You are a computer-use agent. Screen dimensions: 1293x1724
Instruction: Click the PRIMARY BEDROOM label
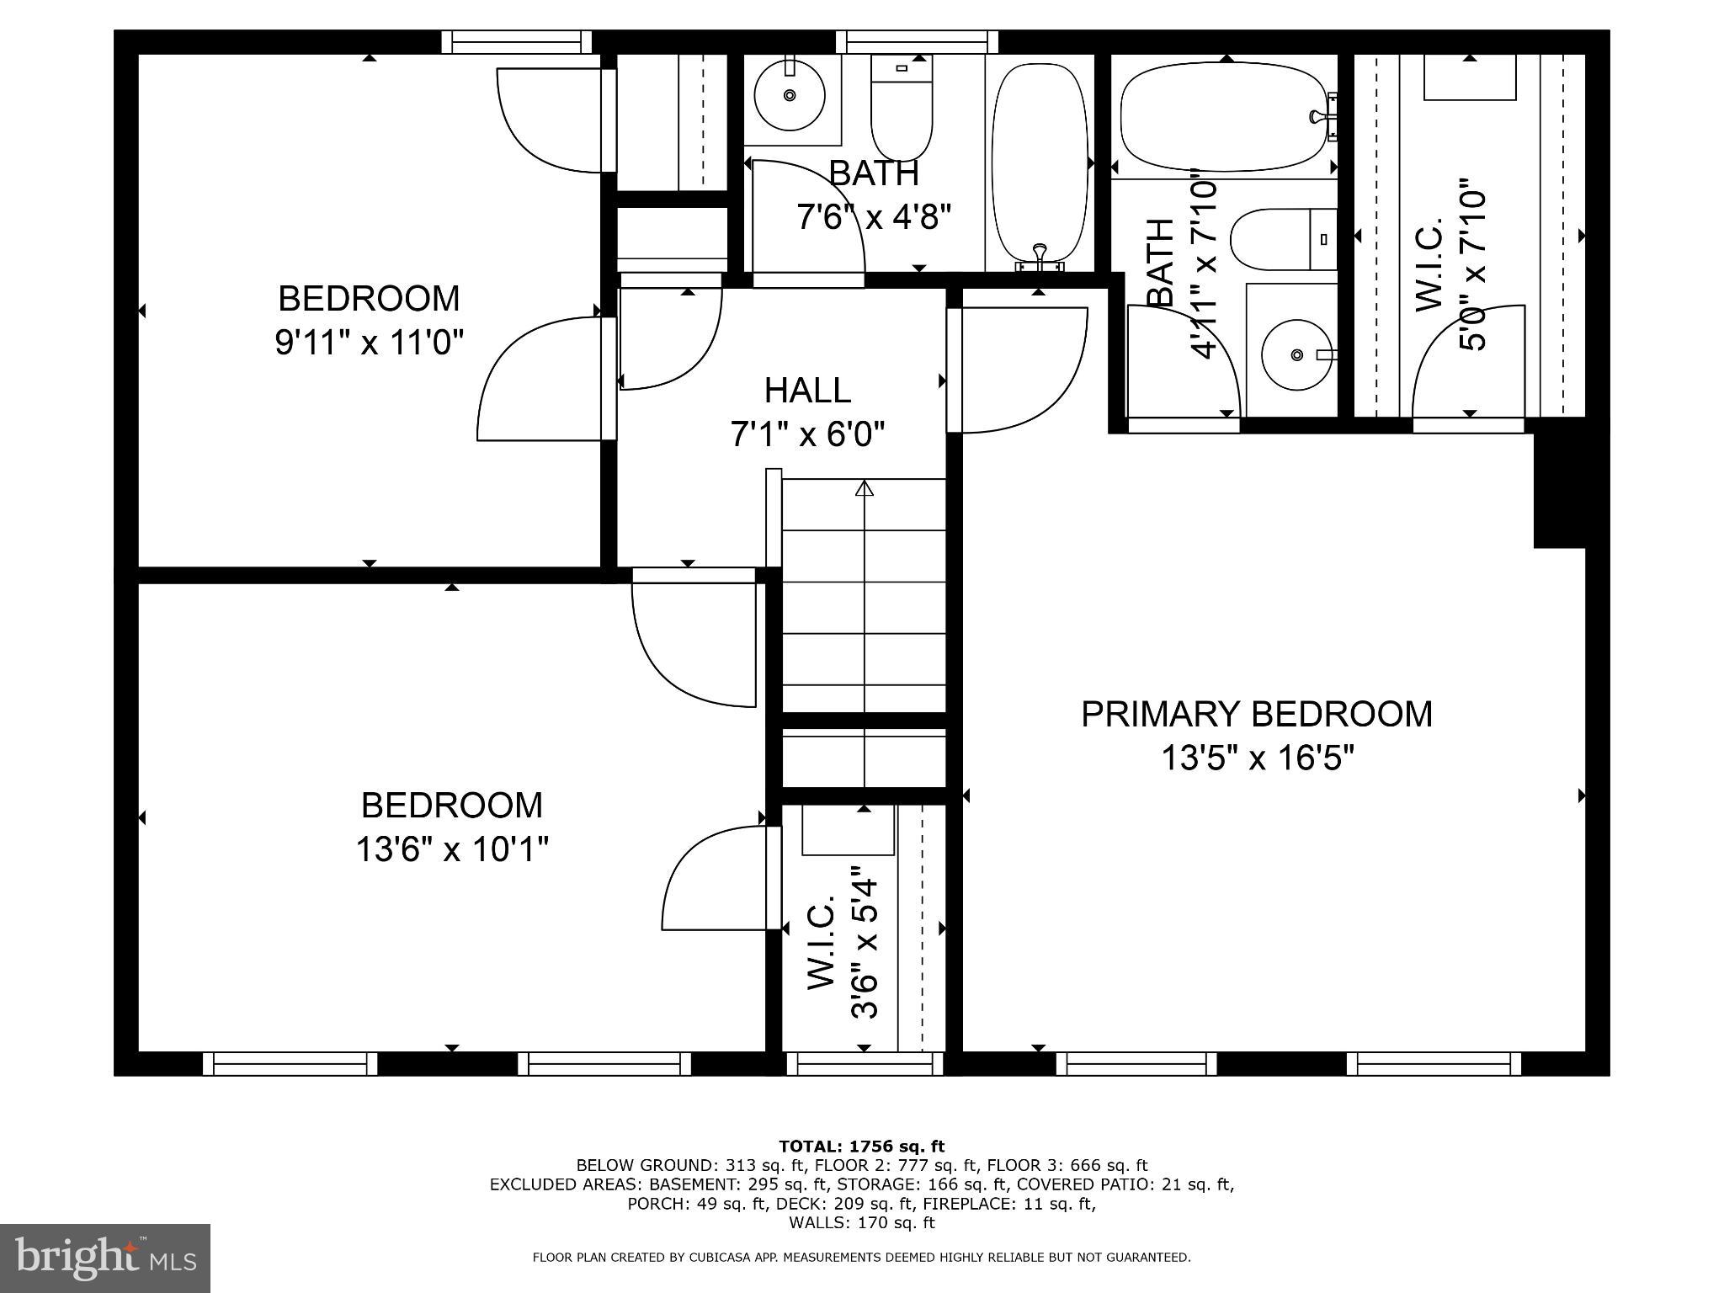pos(1256,714)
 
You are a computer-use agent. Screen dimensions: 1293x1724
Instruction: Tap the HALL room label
pos(807,391)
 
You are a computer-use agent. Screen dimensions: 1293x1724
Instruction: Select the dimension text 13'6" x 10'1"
pos(452,849)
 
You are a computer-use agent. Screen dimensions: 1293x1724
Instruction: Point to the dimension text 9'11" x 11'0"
pos(370,343)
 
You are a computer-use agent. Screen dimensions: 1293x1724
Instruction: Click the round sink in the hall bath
pos(789,95)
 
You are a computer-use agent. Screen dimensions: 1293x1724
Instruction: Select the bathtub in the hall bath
pos(1039,160)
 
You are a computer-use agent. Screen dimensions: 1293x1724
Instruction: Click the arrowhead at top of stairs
pos(865,487)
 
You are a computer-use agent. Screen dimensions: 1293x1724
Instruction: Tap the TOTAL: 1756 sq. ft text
pos(861,1146)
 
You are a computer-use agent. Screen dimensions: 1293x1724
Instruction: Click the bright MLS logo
pos(104,1258)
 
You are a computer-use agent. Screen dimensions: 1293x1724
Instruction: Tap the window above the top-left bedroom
pos(516,42)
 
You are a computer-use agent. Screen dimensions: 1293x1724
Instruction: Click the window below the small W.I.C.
pos(865,1065)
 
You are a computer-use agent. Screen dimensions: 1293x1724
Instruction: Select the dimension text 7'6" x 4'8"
pos(874,217)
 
